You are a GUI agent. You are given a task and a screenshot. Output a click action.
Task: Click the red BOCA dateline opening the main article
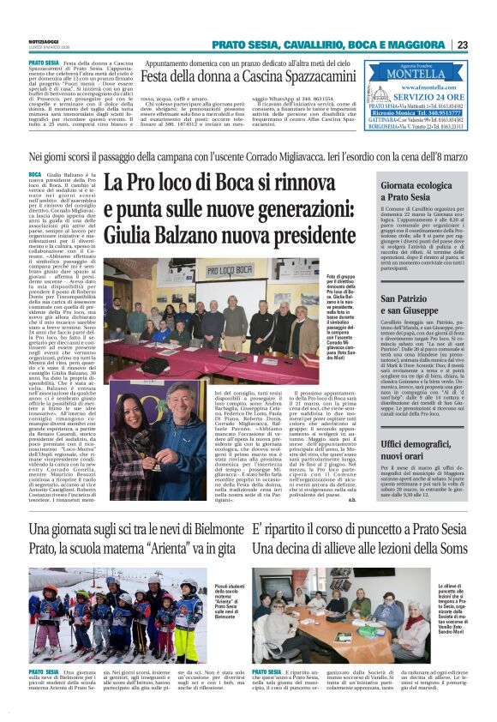click(34, 175)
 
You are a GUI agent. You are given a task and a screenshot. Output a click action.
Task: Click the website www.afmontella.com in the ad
click(425, 87)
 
